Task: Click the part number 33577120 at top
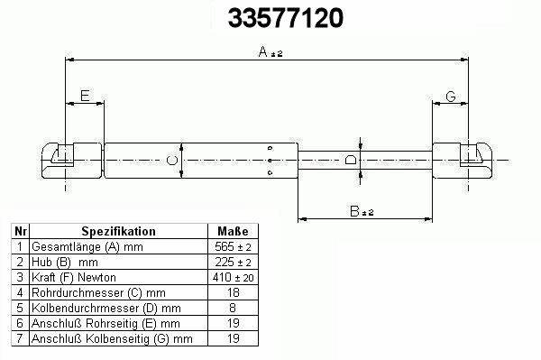click(x=286, y=18)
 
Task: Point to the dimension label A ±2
click(x=270, y=52)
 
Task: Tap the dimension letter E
click(x=85, y=96)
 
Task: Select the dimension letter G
click(x=451, y=97)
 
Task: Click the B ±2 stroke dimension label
click(x=362, y=211)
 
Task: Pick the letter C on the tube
click(x=172, y=161)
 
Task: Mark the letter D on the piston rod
click(x=351, y=160)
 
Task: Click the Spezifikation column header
click(x=118, y=231)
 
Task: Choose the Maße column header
click(x=233, y=231)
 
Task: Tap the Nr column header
click(x=21, y=231)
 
